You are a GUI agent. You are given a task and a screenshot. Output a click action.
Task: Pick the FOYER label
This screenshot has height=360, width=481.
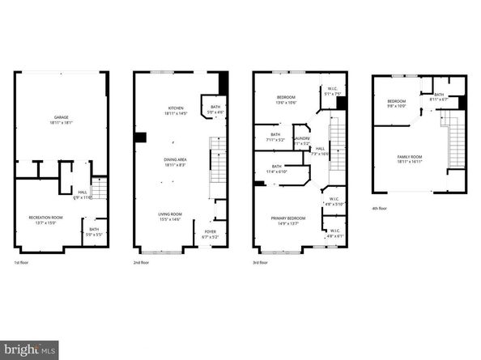click(220, 232)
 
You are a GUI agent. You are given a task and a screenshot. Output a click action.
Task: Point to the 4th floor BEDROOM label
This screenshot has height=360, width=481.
click(385, 100)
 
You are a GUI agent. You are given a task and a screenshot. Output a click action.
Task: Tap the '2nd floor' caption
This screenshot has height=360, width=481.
click(143, 263)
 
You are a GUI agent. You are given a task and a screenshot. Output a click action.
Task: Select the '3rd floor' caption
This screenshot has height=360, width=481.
click(262, 263)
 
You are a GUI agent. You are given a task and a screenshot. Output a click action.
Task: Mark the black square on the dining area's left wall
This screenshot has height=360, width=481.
click(140, 138)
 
